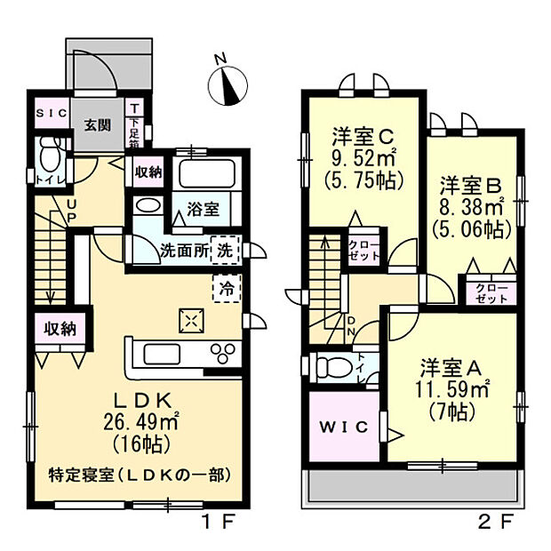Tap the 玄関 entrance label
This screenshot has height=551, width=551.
pos(98,124)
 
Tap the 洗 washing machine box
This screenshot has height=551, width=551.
pos(228,251)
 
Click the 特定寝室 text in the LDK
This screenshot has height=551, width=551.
pos(78,475)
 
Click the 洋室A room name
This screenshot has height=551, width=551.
pos(452,365)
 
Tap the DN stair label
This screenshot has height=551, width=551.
pos(352,327)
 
